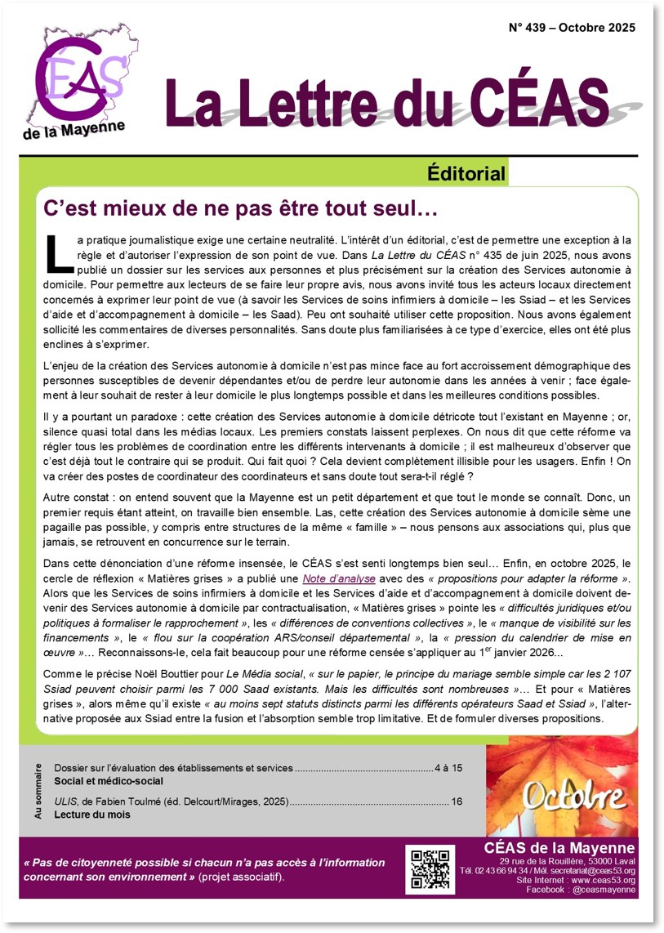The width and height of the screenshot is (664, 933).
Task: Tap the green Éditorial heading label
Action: [x=466, y=173]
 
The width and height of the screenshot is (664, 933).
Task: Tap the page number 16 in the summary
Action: [x=457, y=801]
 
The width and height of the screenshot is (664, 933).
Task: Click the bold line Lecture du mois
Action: [x=92, y=815]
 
